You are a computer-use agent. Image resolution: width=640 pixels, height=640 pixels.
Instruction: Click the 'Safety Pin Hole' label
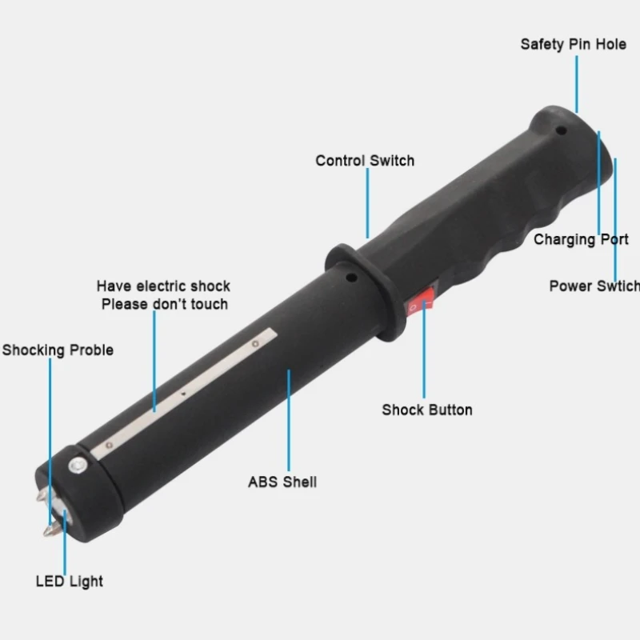click(x=573, y=45)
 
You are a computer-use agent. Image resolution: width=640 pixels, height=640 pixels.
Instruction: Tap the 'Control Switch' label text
click(x=365, y=161)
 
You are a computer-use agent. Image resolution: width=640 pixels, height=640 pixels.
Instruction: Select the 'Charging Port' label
click(x=581, y=239)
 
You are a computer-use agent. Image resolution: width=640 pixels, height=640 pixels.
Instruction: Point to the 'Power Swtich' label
click(x=594, y=286)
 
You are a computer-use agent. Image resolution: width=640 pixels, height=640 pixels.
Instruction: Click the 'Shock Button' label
click(x=427, y=410)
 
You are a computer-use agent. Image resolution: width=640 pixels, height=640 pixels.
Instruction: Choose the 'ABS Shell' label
click(x=282, y=482)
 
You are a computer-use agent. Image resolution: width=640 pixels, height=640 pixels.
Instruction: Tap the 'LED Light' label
click(x=70, y=582)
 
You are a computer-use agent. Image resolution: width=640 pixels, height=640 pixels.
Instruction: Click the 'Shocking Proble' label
click(x=58, y=350)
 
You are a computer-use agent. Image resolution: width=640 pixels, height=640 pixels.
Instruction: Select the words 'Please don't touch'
click(x=165, y=304)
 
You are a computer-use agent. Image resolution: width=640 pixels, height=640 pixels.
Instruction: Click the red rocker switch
click(x=419, y=302)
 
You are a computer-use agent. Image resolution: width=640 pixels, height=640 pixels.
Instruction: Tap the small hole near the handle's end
click(x=562, y=131)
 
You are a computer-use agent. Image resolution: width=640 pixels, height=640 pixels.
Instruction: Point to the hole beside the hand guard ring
click(x=351, y=278)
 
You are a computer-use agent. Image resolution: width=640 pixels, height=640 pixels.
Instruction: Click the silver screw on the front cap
click(x=78, y=466)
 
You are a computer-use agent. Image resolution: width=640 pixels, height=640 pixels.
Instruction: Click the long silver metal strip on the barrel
click(x=184, y=394)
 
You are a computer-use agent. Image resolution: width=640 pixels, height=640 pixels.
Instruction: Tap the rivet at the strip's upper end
click(x=255, y=344)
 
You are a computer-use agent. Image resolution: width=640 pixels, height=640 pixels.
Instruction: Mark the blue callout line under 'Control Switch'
click(x=367, y=203)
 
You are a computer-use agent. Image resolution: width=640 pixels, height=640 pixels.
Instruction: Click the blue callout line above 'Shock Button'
click(x=424, y=350)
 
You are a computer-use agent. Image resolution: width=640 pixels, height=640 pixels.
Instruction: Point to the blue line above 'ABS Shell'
click(x=289, y=421)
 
